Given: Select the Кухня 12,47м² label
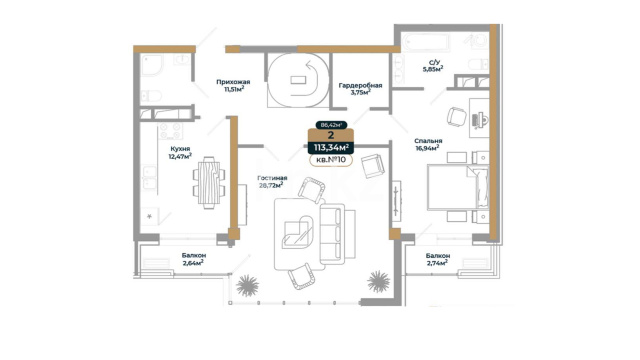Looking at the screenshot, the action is click(x=180, y=152).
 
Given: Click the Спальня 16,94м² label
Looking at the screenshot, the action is click(x=428, y=144).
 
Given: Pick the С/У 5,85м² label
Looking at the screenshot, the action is click(x=434, y=66).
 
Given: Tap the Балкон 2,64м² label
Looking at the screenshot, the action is click(x=194, y=259).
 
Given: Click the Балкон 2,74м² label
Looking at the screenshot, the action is click(x=438, y=259).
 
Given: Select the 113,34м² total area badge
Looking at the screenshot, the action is click(x=331, y=147).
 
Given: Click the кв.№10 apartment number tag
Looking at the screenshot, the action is click(x=331, y=160).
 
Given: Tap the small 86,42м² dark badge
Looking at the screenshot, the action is click(x=331, y=125).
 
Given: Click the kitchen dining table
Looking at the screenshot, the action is click(x=209, y=182).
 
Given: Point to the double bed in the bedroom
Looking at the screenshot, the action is click(x=458, y=187).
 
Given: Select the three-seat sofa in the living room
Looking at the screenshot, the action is click(x=337, y=234).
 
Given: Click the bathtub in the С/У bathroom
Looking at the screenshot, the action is click(x=425, y=42).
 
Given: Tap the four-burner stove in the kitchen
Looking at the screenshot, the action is click(x=170, y=131).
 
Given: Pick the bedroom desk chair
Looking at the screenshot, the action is click(x=456, y=117).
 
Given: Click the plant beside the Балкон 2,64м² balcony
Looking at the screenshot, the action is click(x=247, y=285).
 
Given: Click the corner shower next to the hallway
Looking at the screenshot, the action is click(x=151, y=65).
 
